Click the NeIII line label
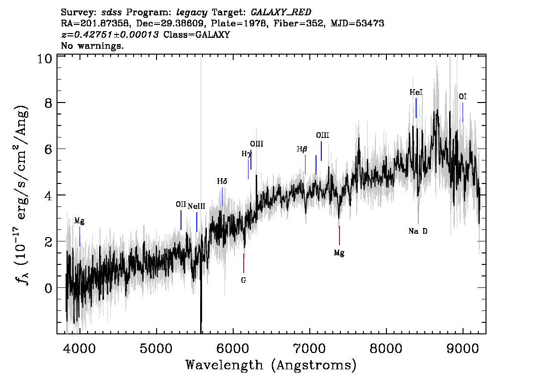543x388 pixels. click(x=196, y=206)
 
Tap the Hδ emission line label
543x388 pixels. click(x=222, y=182)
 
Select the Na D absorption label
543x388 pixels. click(x=418, y=231)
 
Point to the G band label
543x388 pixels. click(x=243, y=280)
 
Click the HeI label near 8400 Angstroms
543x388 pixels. click(x=416, y=92)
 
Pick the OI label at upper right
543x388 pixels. click(x=463, y=96)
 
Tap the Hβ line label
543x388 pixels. click(x=302, y=149)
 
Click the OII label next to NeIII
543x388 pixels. click(x=181, y=205)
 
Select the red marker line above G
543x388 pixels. click(x=244, y=263)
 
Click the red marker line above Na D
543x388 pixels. click(x=418, y=215)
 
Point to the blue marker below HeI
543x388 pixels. click(x=416, y=108)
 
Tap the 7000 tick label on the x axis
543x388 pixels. click(x=309, y=348)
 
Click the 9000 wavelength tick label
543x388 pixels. click(x=462, y=348)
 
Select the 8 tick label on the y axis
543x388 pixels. click(x=48, y=103)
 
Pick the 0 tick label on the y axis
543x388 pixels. click(x=48, y=288)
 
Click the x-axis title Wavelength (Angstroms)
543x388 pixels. click(x=271, y=365)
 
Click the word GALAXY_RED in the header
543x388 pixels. click(x=281, y=12)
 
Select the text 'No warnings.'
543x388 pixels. click(x=92, y=46)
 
